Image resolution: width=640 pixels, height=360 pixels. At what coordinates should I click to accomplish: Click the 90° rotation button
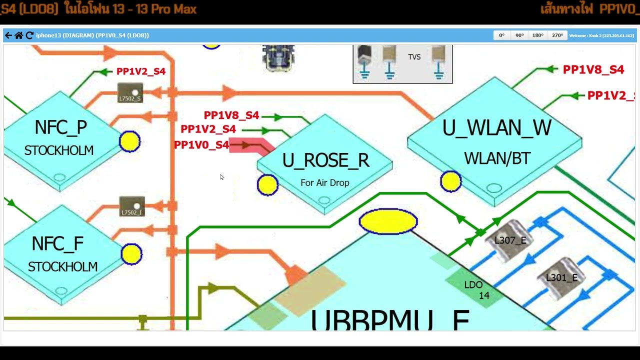click(519, 35)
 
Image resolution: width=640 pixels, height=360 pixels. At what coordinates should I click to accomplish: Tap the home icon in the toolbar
click(18, 35)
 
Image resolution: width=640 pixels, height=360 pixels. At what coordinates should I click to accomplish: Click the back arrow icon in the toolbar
click(8, 35)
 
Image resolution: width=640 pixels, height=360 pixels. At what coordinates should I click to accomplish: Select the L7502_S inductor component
click(130, 93)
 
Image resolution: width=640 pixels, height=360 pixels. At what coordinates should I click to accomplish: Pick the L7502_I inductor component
click(132, 207)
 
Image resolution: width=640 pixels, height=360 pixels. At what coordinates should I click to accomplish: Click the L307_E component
click(510, 240)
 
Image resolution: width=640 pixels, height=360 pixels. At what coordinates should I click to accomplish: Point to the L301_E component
click(561, 278)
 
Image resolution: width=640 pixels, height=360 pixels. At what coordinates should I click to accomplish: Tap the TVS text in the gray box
click(414, 57)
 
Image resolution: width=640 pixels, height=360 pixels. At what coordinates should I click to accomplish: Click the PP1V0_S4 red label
click(201, 145)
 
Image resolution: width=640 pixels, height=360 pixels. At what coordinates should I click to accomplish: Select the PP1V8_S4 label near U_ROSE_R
click(231, 115)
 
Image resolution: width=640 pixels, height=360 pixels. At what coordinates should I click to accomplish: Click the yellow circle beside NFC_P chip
click(130, 141)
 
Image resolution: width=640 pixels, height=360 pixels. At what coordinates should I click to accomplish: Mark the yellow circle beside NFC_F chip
click(131, 254)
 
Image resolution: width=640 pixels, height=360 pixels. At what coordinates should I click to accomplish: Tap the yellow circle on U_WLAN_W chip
click(450, 181)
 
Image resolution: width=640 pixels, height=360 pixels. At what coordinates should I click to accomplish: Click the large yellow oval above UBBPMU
click(388, 221)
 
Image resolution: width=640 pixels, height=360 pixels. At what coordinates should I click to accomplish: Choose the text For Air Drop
click(325, 183)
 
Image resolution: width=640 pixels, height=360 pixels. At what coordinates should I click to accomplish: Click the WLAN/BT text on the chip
click(497, 158)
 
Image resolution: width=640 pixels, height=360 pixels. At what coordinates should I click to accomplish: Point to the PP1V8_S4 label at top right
click(593, 70)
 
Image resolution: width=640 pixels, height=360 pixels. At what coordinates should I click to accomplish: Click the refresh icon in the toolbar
click(29, 35)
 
